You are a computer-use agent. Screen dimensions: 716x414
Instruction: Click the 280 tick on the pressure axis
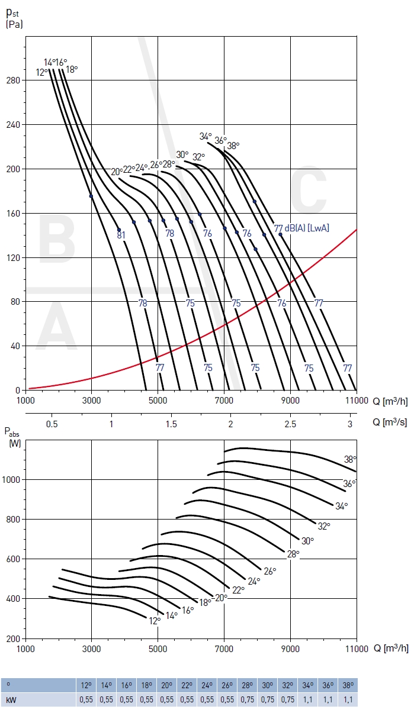[x=14, y=80]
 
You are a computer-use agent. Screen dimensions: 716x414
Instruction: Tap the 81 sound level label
[x=121, y=236]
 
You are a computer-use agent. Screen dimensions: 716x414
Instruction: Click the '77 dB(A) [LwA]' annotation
[x=301, y=228]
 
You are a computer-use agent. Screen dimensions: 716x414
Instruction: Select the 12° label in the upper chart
[x=42, y=72]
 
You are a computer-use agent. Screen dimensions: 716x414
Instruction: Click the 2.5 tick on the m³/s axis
[x=290, y=424]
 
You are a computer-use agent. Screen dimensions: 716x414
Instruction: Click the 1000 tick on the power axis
[x=12, y=479]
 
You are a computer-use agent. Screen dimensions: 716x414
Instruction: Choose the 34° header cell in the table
[x=309, y=686]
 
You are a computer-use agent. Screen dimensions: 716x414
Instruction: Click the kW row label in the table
[x=10, y=699]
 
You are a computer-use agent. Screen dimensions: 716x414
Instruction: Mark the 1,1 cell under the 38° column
[x=348, y=699]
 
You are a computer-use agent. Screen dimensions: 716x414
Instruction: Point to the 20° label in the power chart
[x=221, y=598]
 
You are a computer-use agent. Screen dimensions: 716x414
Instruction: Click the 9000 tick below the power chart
[x=290, y=648]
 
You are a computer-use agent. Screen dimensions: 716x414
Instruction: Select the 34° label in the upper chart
[x=205, y=136]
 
